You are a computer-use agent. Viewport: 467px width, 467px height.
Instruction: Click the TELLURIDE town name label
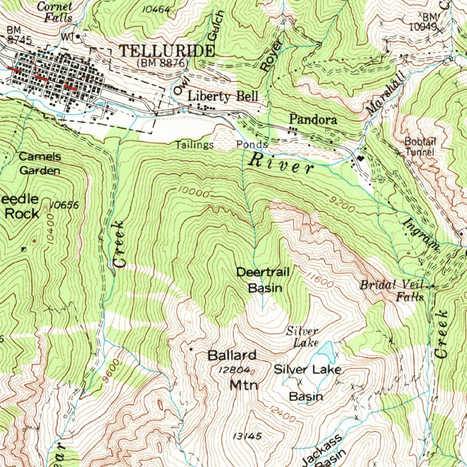tap(167, 51)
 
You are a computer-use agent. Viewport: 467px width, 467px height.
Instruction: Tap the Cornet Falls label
tap(55, 12)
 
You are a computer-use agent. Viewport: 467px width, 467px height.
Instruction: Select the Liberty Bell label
tap(223, 96)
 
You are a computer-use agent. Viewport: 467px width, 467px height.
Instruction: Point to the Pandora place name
tap(313, 120)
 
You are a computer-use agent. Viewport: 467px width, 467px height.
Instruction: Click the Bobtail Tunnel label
tap(420, 146)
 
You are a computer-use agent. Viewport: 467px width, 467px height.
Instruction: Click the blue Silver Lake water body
tap(326, 351)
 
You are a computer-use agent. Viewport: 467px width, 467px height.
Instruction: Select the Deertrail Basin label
tap(263, 280)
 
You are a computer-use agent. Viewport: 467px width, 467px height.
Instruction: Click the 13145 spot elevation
tap(247, 436)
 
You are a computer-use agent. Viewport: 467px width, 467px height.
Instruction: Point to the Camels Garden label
tap(40, 164)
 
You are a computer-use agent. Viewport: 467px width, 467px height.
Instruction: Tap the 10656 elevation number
tap(65, 206)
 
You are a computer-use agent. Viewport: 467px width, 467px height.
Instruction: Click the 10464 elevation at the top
tap(156, 9)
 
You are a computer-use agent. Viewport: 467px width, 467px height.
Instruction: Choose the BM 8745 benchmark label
tap(19, 35)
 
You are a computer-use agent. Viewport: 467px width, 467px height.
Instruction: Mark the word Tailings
tap(195, 145)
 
